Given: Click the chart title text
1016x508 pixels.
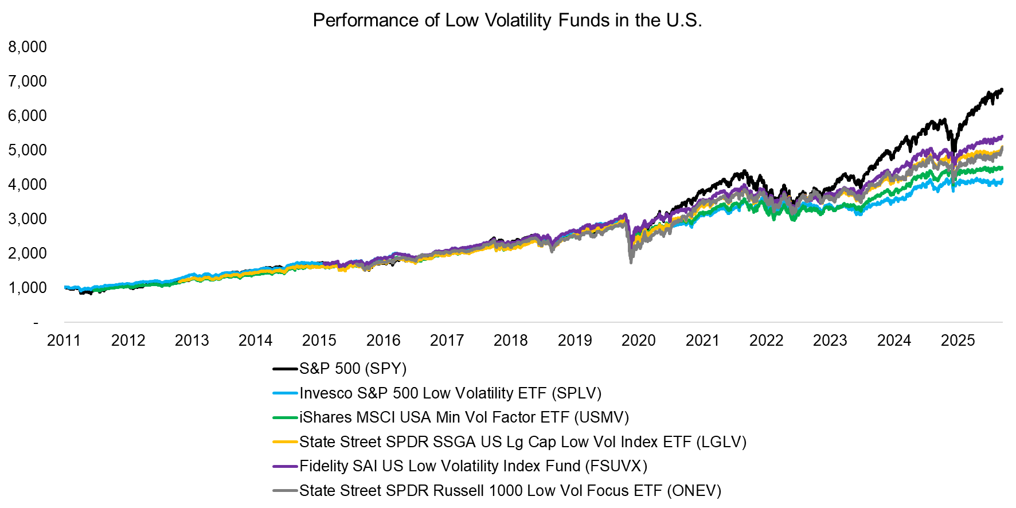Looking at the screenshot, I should click(507, 21).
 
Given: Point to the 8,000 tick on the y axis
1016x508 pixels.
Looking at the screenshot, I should click(28, 47).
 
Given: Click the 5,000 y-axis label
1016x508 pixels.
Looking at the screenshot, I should click(28, 150).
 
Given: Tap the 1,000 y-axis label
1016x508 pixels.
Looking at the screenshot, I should click(28, 288).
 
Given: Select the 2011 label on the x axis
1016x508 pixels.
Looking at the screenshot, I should click(64, 341).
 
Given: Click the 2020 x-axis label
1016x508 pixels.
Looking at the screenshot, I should click(638, 341).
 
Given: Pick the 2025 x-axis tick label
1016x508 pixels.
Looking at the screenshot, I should click(958, 341).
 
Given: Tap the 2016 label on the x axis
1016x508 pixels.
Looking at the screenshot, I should click(383, 341).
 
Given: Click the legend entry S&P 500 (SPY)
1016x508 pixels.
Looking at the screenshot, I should click(353, 369).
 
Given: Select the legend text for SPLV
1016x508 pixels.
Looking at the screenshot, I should click(450, 393).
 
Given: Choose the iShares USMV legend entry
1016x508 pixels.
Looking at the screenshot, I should click(464, 417).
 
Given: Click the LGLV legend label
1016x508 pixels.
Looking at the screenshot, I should click(522, 442).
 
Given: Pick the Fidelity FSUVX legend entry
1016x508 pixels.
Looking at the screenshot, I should click(473, 466).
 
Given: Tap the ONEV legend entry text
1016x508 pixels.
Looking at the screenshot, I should click(510, 491).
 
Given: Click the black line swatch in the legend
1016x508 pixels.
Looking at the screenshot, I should click(285, 369).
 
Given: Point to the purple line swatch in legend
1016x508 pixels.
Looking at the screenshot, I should click(285, 466).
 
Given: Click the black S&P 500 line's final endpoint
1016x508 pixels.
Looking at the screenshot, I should click(1002, 90).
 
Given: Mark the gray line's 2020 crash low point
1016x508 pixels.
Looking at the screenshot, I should click(631, 262).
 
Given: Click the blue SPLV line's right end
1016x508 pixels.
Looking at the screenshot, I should click(1002, 181).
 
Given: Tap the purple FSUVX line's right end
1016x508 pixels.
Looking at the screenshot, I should click(1002, 136).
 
